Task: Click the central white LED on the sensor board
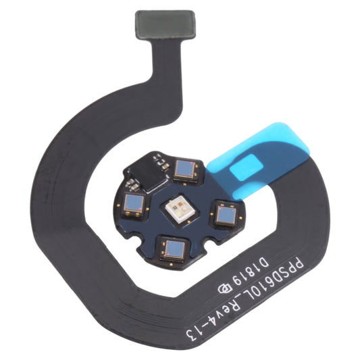(179, 207)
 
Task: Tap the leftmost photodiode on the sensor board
(133, 201)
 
